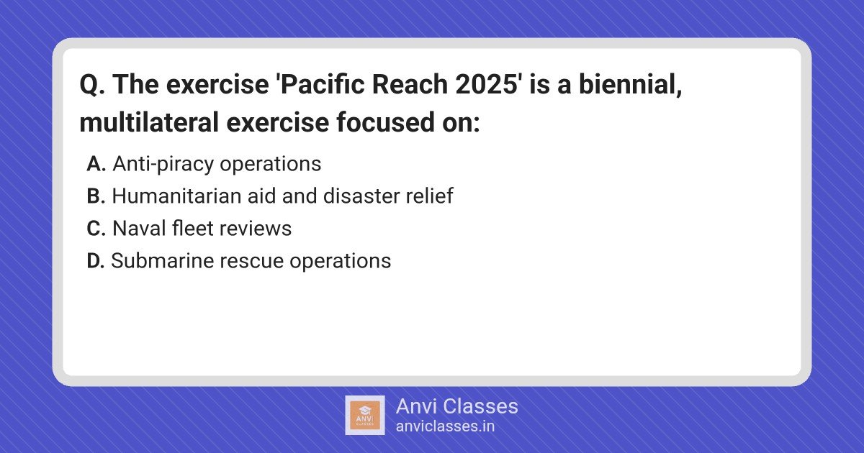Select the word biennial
tap(630, 84)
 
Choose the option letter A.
tap(96, 164)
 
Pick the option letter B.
tap(96, 196)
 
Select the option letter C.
tap(96, 229)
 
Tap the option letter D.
tap(96, 261)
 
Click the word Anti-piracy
tap(163, 165)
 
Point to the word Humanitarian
tap(176, 196)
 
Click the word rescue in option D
tap(251, 261)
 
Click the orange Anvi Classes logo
tap(365, 416)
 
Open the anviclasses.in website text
tap(445, 426)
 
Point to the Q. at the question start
tap(93, 85)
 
